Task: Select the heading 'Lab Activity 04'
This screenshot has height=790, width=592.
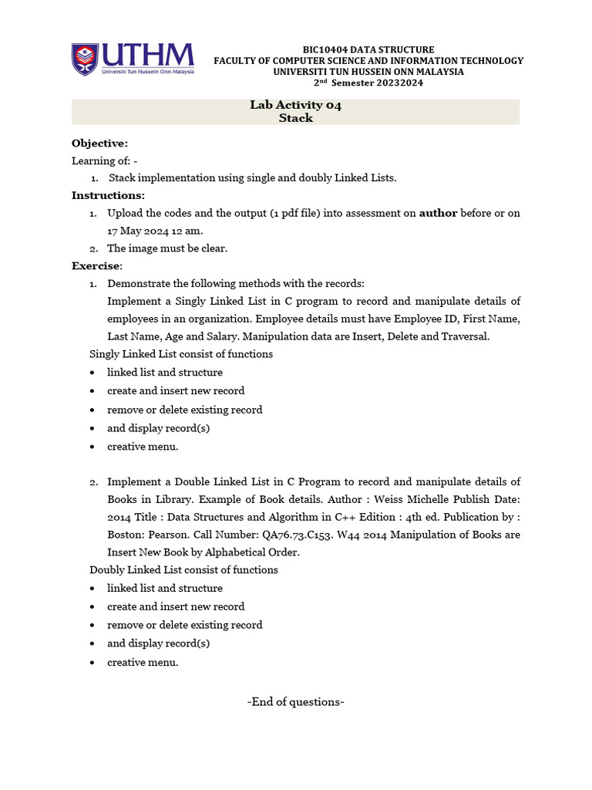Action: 295,105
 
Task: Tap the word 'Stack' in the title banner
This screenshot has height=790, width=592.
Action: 295,118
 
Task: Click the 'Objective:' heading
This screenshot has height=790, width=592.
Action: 100,143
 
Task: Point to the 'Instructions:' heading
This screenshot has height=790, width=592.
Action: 108,195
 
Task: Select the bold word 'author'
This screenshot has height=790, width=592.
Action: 438,213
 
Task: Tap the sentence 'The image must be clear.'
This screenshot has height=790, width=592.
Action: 167,248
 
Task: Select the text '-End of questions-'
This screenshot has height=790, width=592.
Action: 295,702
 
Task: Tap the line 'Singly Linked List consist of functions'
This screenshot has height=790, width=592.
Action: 181,354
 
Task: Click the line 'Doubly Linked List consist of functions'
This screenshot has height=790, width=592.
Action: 183,569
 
